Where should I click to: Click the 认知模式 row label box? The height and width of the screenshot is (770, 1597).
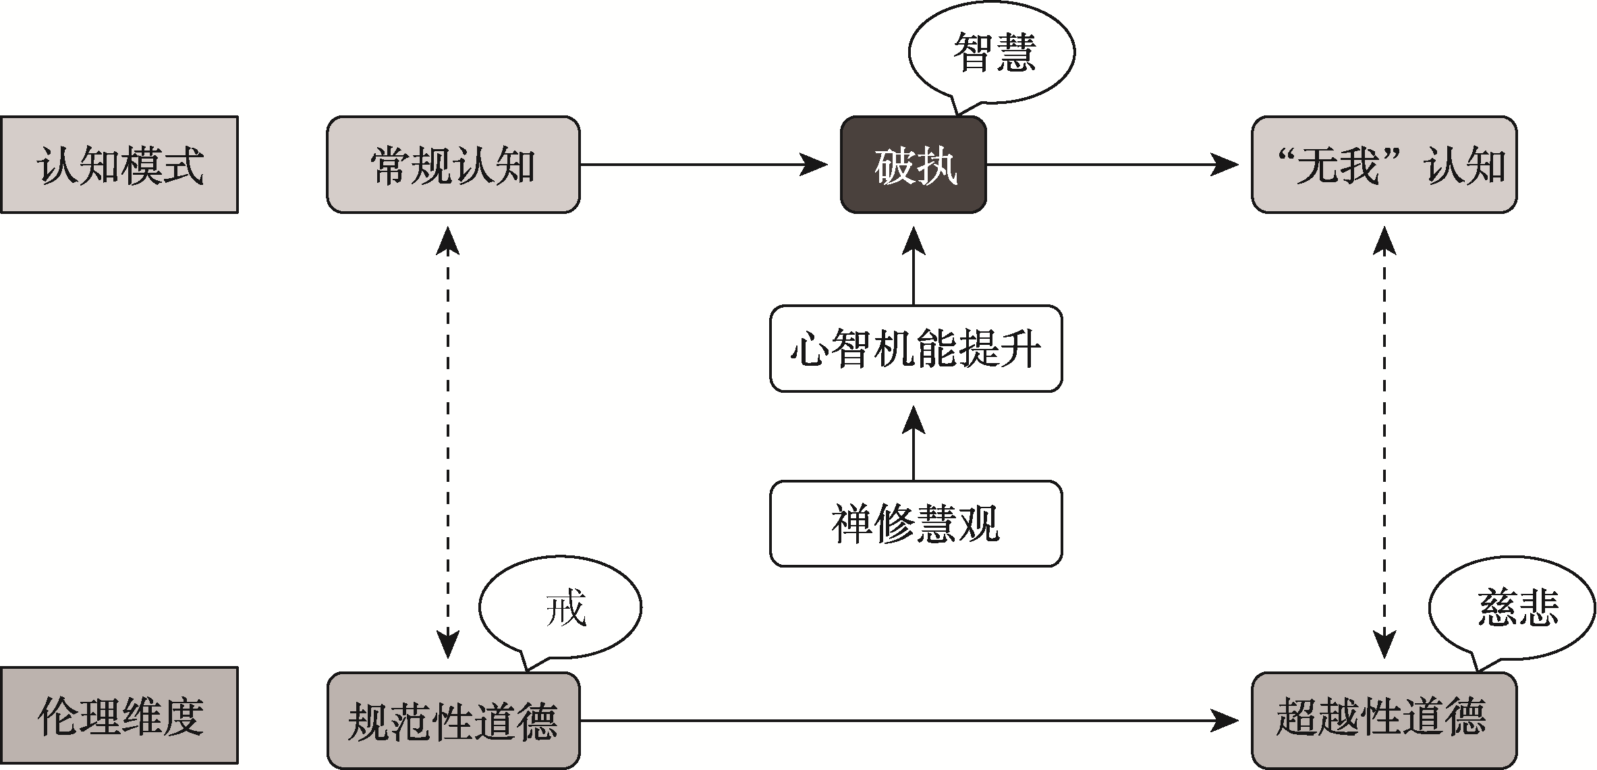coord(119,165)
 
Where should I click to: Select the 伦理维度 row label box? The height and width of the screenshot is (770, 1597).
coord(119,716)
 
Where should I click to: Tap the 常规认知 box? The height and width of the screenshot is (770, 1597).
coord(453,165)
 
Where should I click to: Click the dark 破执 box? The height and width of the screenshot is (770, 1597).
coord(914,165)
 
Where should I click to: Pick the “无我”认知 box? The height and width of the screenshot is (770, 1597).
coord(1384,165)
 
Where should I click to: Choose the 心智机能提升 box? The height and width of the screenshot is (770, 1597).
coord(916,349)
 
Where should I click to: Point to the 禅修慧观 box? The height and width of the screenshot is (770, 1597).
coord(916,524)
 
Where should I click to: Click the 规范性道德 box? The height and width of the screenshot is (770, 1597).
coord(453,721)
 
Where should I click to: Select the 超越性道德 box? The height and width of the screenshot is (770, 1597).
coord(1384,721)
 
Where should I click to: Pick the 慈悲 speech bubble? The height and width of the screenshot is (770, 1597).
coord(1511,607)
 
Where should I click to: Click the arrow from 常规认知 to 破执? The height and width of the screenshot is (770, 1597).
coord(702,164)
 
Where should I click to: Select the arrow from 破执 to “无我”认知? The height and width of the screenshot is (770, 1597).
coord(1110,164)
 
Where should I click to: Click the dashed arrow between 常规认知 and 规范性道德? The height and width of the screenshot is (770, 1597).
coord(447,442)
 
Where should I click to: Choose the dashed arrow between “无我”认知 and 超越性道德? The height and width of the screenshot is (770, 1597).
coord(1384,442)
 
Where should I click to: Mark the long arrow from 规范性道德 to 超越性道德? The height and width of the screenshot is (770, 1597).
coord(907,721)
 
